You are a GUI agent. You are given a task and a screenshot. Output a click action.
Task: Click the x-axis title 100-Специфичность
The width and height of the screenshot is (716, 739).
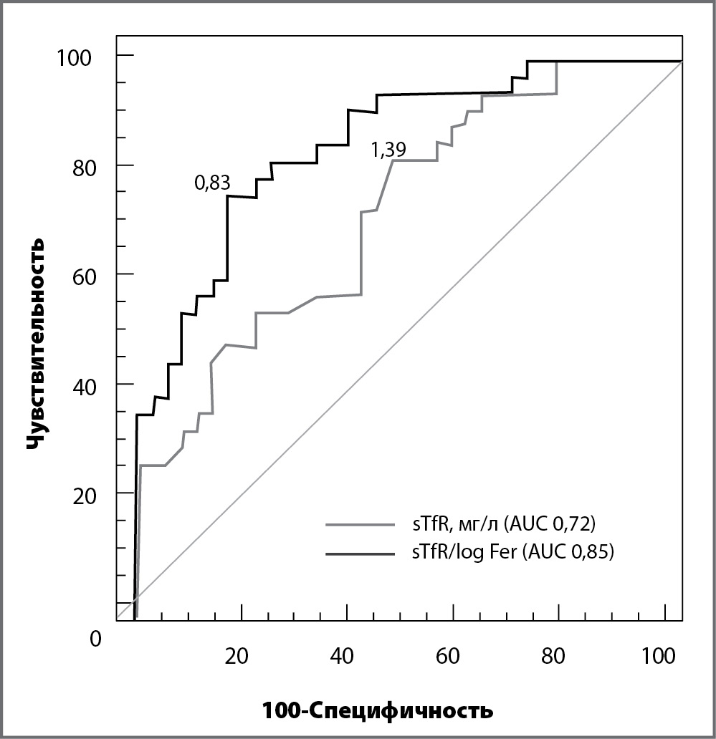[378, 711]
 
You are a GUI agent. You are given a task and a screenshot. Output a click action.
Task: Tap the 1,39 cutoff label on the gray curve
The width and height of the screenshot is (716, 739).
[388, 150]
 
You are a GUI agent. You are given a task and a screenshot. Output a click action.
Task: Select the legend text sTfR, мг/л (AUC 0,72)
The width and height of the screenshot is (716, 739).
[499, 525]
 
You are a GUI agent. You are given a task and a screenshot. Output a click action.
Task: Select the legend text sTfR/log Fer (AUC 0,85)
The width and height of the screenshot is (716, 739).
[508, 553]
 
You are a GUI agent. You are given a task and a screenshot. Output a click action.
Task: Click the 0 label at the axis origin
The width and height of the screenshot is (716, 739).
[96, 637]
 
